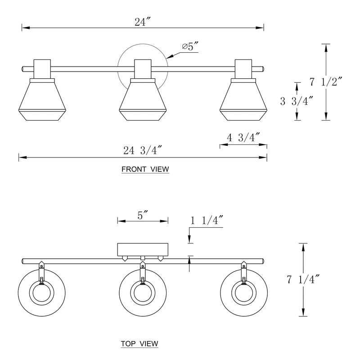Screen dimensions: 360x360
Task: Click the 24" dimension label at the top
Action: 142,22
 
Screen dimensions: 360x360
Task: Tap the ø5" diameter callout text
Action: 190,46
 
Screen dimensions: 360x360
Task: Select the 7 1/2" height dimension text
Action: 326,82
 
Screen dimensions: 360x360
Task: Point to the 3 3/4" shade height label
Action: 297,101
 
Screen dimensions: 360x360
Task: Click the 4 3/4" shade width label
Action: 243,138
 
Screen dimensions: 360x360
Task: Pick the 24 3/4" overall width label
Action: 143,151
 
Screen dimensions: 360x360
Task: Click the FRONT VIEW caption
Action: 145,169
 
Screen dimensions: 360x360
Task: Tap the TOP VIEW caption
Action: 139,344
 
